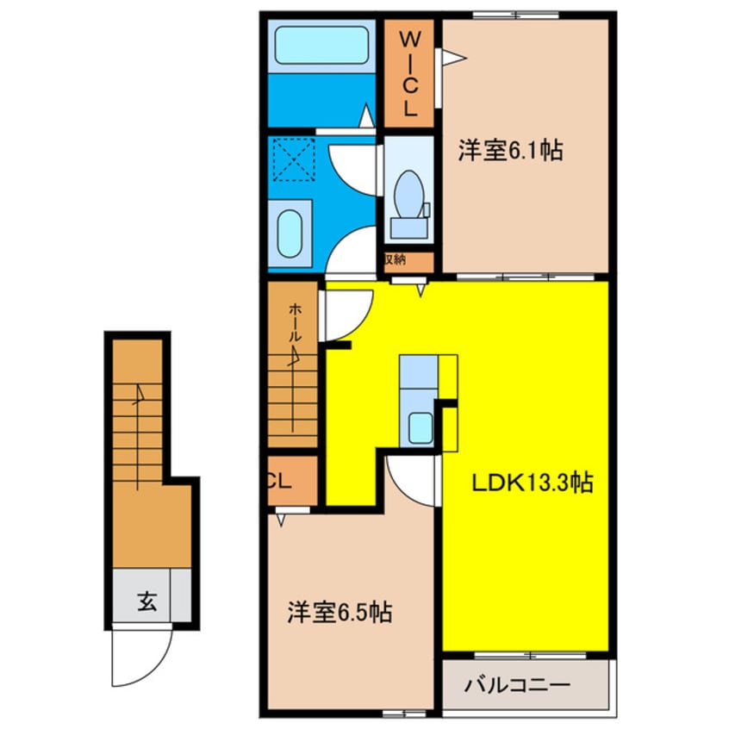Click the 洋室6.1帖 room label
coord(510,152)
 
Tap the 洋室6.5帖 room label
coord(340,613)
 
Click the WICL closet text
coord(411,74)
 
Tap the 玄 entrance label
coord(146,601)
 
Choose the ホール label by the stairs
coord(294,321)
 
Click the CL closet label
coord(277,483)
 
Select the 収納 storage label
coord(396,258)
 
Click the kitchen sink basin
coord(420,426)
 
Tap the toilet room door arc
coord(354,164)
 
